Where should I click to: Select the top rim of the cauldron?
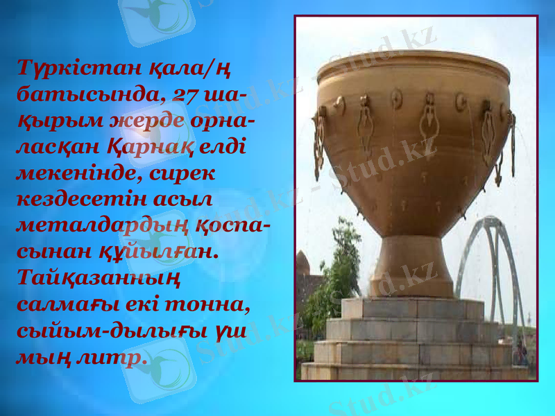(413, 62)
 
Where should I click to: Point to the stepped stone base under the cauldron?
(414, 340)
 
